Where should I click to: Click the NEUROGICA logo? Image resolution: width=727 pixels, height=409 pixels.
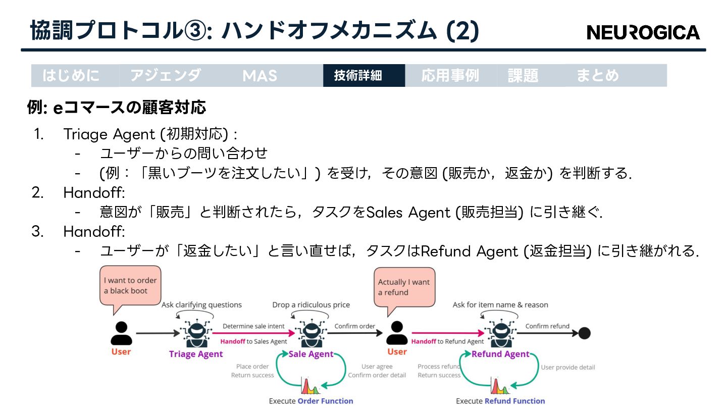pos(643,32)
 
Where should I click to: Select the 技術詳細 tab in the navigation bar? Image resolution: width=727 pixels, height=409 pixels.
pos(358,76)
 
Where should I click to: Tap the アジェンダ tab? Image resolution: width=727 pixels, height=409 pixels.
pos(166,76)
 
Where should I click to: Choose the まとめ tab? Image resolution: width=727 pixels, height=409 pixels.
pos(597,76)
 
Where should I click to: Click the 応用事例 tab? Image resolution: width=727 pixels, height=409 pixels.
pos(450,76)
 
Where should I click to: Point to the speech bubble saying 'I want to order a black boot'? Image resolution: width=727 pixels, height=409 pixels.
pos(130,285)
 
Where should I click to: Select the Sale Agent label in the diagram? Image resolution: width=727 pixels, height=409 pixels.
pos(311,354)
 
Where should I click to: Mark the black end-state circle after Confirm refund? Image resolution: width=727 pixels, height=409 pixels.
pos(584,333)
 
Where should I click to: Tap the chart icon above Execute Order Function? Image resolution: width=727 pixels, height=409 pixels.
pos(311,387)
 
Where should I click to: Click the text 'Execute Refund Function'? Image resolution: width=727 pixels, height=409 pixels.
pos(500,401)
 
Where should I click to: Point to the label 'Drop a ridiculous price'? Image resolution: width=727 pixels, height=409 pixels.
pos(311,304)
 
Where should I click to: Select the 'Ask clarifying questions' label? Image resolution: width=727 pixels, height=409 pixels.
pos(201,304)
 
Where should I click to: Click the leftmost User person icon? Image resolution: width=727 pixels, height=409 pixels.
pos(121,333)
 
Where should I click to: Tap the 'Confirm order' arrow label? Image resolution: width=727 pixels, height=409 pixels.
pos(354,326)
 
